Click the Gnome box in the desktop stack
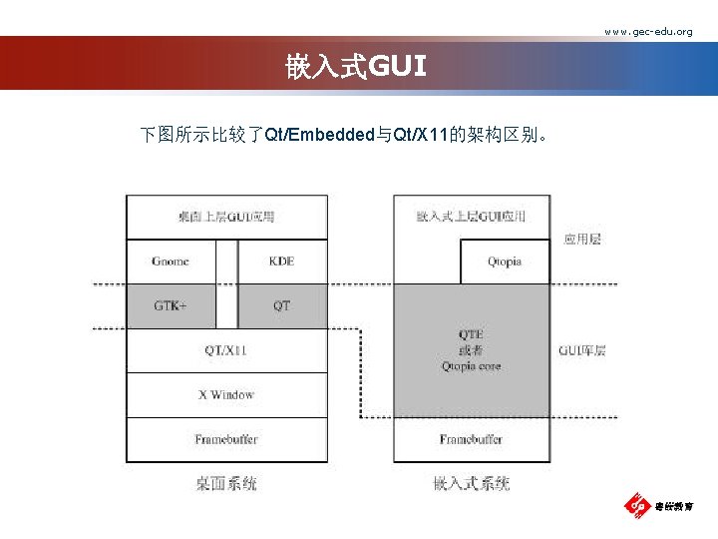[171, 262]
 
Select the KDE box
[282, 262]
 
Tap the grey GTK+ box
[171, 305]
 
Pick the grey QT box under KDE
[282, 305]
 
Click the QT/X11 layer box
[226, 350]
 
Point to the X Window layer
[226, 394]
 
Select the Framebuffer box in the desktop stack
[226, 439]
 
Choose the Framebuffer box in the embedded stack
[472, 439]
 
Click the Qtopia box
[505, 262]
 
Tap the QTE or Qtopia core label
[472, 350]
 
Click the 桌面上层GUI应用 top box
[226, 217]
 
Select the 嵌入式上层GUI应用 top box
[472, 217]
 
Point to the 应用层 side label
[582, 240]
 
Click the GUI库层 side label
[582, 350]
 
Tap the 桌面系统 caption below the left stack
[226, 483]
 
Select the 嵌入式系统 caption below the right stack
[472, 483]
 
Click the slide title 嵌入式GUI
[356, 67]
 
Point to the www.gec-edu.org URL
[648, 32]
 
